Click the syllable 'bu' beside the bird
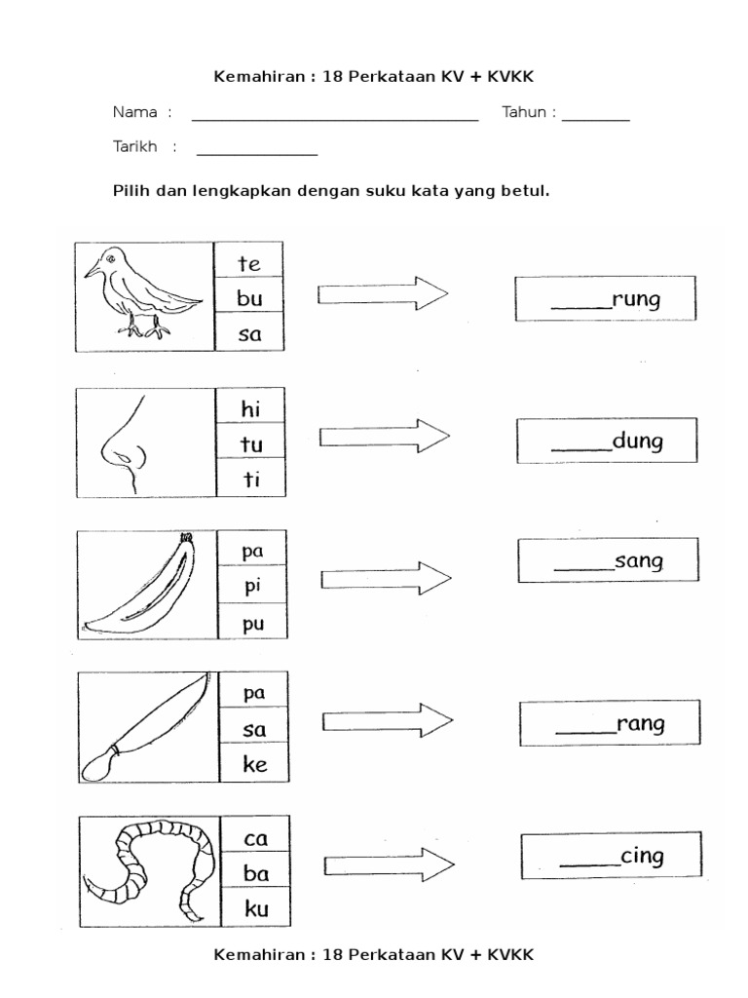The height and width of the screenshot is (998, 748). [x=249, y=299]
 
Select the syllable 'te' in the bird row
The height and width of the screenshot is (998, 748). [x=249, y=263]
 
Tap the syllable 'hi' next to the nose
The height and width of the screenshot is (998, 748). [x=250, y=408]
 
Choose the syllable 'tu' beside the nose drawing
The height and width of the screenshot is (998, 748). [x=250, y=444]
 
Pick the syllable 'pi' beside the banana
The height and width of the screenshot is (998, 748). [x=254, y=587]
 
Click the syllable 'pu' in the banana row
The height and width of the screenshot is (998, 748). [x=254, y=624]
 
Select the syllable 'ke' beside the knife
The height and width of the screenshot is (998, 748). [x=254, y=765]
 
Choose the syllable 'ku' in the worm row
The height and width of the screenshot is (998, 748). [x=255, y=910]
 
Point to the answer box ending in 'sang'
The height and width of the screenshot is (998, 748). [x=609, y=560]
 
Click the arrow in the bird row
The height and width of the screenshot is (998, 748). [x=383, y=292]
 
